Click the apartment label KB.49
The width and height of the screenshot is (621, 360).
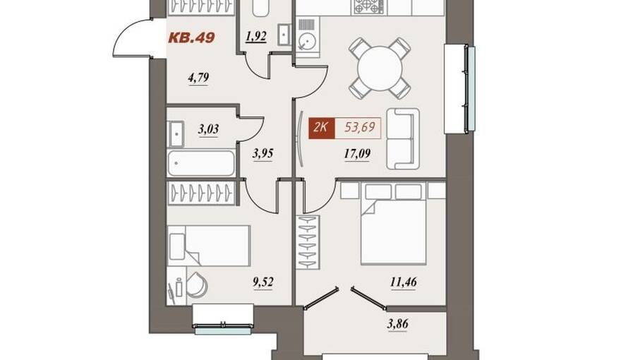192,37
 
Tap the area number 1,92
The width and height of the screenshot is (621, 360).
256,37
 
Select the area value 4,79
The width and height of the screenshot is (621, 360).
198,78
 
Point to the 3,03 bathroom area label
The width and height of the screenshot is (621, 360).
208,129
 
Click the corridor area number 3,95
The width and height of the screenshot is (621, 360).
263,153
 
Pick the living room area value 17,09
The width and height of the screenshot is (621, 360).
357,153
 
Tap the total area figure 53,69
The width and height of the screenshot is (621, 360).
360,128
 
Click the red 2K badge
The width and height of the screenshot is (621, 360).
322,128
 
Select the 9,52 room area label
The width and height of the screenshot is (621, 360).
263,282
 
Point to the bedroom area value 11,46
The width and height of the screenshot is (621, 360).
403,282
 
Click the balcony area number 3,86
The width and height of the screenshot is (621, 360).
397,325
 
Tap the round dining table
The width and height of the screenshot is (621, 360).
380,68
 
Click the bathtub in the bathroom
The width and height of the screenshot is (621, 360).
201,163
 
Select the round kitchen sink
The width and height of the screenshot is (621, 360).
306,41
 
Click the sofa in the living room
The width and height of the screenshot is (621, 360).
402,139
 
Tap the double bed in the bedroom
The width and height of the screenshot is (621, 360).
393,224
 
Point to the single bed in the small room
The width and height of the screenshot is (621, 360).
209,246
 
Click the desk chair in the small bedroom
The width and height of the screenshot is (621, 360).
197,284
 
